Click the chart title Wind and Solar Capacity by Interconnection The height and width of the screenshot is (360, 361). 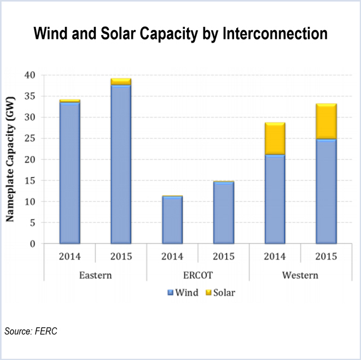point(180,34)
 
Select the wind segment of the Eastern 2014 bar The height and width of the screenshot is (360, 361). point(70,172)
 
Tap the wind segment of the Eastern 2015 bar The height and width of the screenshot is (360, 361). point(121,164)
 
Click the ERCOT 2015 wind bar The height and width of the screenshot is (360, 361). point(224,213)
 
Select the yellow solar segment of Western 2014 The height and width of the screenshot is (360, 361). point(275,139)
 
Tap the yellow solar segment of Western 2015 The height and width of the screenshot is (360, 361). point(326,121)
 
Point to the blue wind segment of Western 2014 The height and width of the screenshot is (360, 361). point(275,199)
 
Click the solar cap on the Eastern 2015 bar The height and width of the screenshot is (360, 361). point(121,81)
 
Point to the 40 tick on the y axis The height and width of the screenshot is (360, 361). point(27,75)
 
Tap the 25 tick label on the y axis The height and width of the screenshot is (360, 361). point(27,138)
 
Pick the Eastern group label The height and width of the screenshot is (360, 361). point(95,275)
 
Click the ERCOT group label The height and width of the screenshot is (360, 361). point(197,275)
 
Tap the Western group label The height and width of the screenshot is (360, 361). point(300,275)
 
